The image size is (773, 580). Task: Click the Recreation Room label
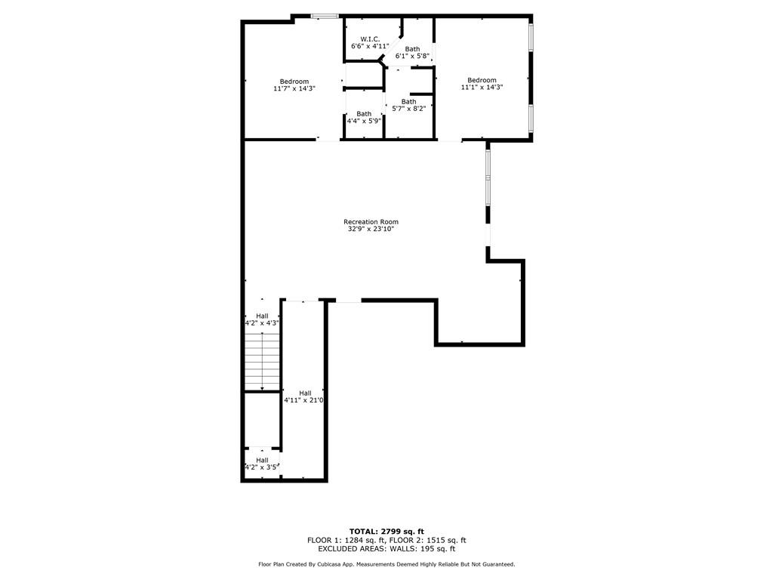[x=371, y=222]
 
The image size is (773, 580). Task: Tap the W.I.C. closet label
[x=370, y=39]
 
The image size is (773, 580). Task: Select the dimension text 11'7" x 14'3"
[x=294, y=89]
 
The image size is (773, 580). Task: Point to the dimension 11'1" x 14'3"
[x=482, y=88]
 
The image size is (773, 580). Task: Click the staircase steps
[x=263, y=362]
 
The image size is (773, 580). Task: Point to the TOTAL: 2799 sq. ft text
[x=386, y=532]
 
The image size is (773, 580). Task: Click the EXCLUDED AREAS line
[x=386, y=548]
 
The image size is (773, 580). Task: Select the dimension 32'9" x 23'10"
[x=371, y=229]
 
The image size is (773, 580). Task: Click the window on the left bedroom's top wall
[x=325, y=17]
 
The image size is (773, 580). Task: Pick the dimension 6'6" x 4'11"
[x=370, y=46]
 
